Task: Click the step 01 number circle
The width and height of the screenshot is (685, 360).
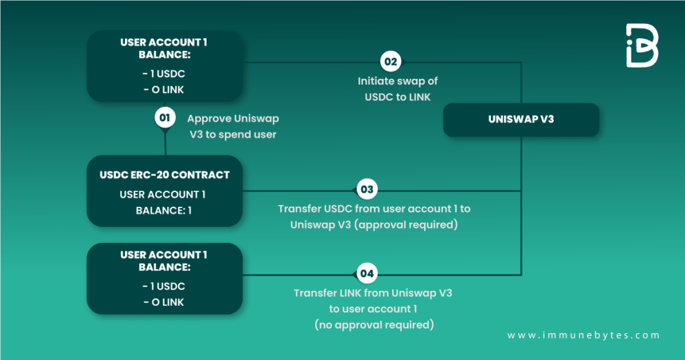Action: click(165, 118)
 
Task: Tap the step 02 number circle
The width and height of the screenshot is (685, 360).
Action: click(390, 62)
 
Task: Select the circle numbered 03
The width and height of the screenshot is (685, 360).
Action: click(367, 190)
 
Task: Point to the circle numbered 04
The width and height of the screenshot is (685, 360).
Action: click(367, 274)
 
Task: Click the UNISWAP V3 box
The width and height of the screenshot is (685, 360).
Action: click(521, 120)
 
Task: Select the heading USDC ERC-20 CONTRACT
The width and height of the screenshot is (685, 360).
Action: click(165, 175)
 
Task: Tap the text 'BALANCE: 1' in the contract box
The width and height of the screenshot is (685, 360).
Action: click(164, 209)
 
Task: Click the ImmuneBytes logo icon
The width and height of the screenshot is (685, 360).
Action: click(642, 46)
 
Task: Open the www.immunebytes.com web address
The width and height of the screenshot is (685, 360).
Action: click(583, 335)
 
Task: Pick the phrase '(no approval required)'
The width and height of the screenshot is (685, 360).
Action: click(374, 325)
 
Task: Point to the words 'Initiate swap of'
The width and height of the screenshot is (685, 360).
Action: click(397, 81)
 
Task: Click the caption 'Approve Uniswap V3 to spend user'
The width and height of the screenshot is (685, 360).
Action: click(233, 126)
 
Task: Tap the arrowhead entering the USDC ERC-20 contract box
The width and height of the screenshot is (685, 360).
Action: click(246, 190)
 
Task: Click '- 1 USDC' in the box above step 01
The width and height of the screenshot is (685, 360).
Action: click(164, 74)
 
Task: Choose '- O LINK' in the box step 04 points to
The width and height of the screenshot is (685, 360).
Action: click(164, 302)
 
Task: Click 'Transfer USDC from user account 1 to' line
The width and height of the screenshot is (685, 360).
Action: click(374, 209)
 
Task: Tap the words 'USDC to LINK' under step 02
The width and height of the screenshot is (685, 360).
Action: click(397, 97)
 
